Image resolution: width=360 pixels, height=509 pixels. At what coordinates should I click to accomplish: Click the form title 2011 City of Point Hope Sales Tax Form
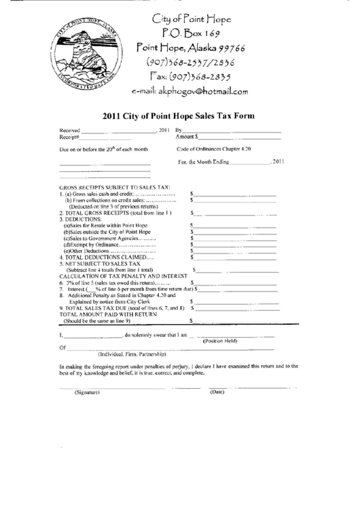point(178,116)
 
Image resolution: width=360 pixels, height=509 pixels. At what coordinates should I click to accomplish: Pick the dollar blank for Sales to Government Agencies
point(235,238)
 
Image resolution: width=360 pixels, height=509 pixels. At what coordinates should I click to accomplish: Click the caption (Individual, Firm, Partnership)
point(132,354)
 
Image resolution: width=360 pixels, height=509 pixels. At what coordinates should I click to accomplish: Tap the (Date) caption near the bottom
point(217,392)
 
